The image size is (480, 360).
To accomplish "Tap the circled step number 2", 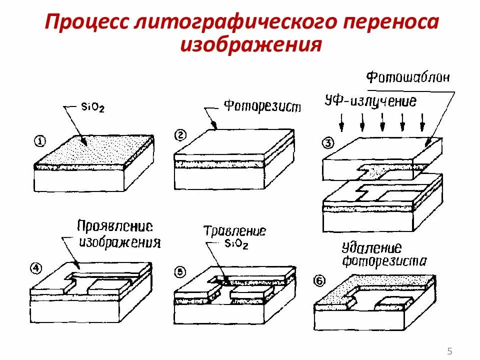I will [180, 134].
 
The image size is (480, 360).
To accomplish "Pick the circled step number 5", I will [180, 272].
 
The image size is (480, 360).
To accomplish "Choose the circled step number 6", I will [319, 280].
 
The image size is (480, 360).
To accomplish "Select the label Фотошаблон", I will [408, 77].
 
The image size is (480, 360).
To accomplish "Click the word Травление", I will [234, 231].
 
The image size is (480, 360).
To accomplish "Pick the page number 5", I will [449, 350].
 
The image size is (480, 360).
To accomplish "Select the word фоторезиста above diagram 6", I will [384, 261].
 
